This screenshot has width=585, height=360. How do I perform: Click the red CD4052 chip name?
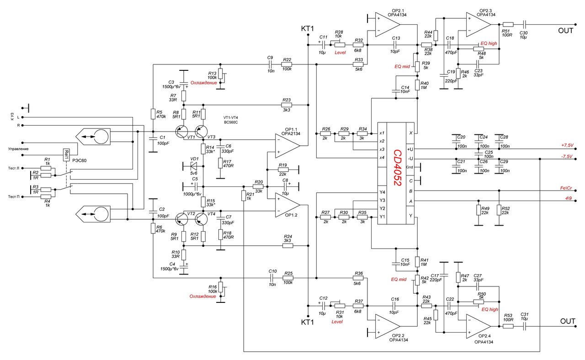397,168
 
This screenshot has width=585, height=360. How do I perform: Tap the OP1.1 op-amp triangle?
287,146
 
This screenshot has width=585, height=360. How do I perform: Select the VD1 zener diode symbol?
193,165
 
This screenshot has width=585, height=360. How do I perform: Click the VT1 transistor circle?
181,132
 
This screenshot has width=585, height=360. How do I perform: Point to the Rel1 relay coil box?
66,155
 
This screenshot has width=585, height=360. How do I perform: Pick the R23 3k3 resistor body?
287,105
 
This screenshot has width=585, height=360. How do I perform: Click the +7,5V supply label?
567,145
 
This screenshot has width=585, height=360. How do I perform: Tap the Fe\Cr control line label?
566,188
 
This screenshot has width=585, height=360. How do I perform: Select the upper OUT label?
565,31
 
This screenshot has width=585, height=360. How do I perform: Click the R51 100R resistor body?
508,25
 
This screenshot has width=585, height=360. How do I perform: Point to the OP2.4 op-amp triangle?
479,326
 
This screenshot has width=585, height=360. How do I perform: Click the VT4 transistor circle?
202,219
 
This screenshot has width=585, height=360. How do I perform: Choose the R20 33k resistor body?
258,187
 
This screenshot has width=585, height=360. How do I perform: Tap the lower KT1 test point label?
308,322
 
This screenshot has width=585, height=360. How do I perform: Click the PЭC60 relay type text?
80,160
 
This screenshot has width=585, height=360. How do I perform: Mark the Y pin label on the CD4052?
410,216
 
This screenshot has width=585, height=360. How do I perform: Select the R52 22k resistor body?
499,210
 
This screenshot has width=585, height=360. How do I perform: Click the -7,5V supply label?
567,157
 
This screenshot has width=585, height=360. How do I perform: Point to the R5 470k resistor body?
153,114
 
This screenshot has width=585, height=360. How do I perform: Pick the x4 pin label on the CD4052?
382,158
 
